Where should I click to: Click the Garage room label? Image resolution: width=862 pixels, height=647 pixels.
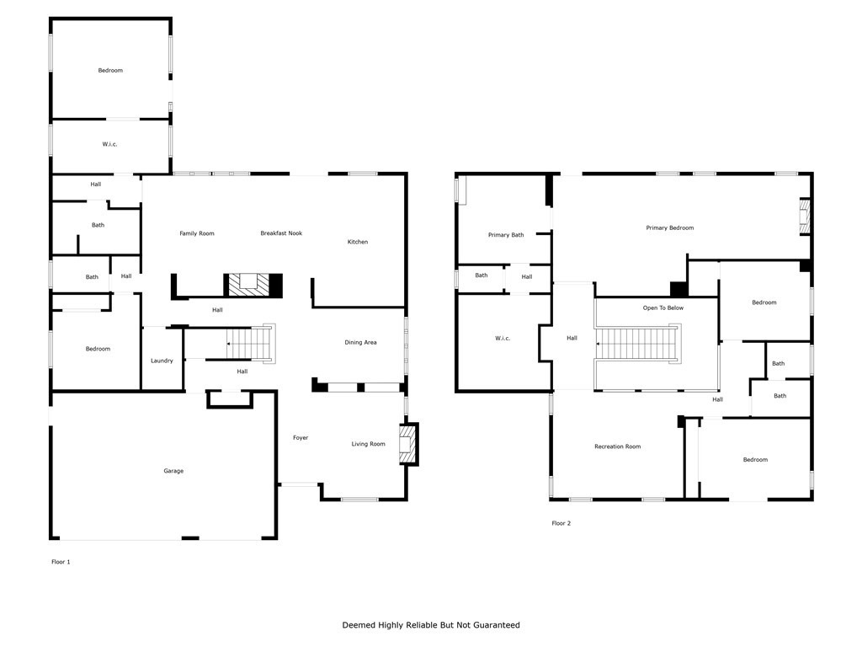tap(173, 471)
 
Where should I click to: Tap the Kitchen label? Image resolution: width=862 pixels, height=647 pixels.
tap(357, 242)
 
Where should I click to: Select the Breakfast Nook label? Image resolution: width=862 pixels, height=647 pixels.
tap(281, 233)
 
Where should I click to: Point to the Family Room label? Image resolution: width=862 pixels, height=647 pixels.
tap(197, 233)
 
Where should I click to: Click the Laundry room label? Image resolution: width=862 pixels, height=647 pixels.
tap(162, 361)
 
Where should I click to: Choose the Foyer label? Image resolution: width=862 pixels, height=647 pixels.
tap(301, 438)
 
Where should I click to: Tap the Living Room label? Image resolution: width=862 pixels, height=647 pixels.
tap(369, 444)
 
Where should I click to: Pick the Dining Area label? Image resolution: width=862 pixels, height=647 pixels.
tap(360, 342)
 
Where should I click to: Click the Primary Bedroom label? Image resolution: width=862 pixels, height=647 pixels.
tap(669, 227)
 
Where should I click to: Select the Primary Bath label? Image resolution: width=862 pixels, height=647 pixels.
tap(506, 235)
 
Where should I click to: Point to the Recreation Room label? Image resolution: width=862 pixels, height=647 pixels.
tap(617, 446)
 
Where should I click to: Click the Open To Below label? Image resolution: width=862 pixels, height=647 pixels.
tap(663, 308)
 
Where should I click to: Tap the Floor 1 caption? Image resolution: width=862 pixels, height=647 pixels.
tap(61, 562)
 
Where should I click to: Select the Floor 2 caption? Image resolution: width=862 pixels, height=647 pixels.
tap(561, 523)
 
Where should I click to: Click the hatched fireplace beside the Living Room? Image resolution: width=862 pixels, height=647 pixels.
tap(408, 444)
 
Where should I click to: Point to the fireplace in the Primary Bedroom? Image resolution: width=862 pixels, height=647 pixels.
tap(805, 217)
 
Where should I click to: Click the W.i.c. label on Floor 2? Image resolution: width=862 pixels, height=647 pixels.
tap(503, 339)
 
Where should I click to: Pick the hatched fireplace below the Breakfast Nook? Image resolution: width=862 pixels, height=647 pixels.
tap(248, 285)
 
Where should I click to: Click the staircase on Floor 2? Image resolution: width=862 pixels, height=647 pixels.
tap(638, 344)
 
